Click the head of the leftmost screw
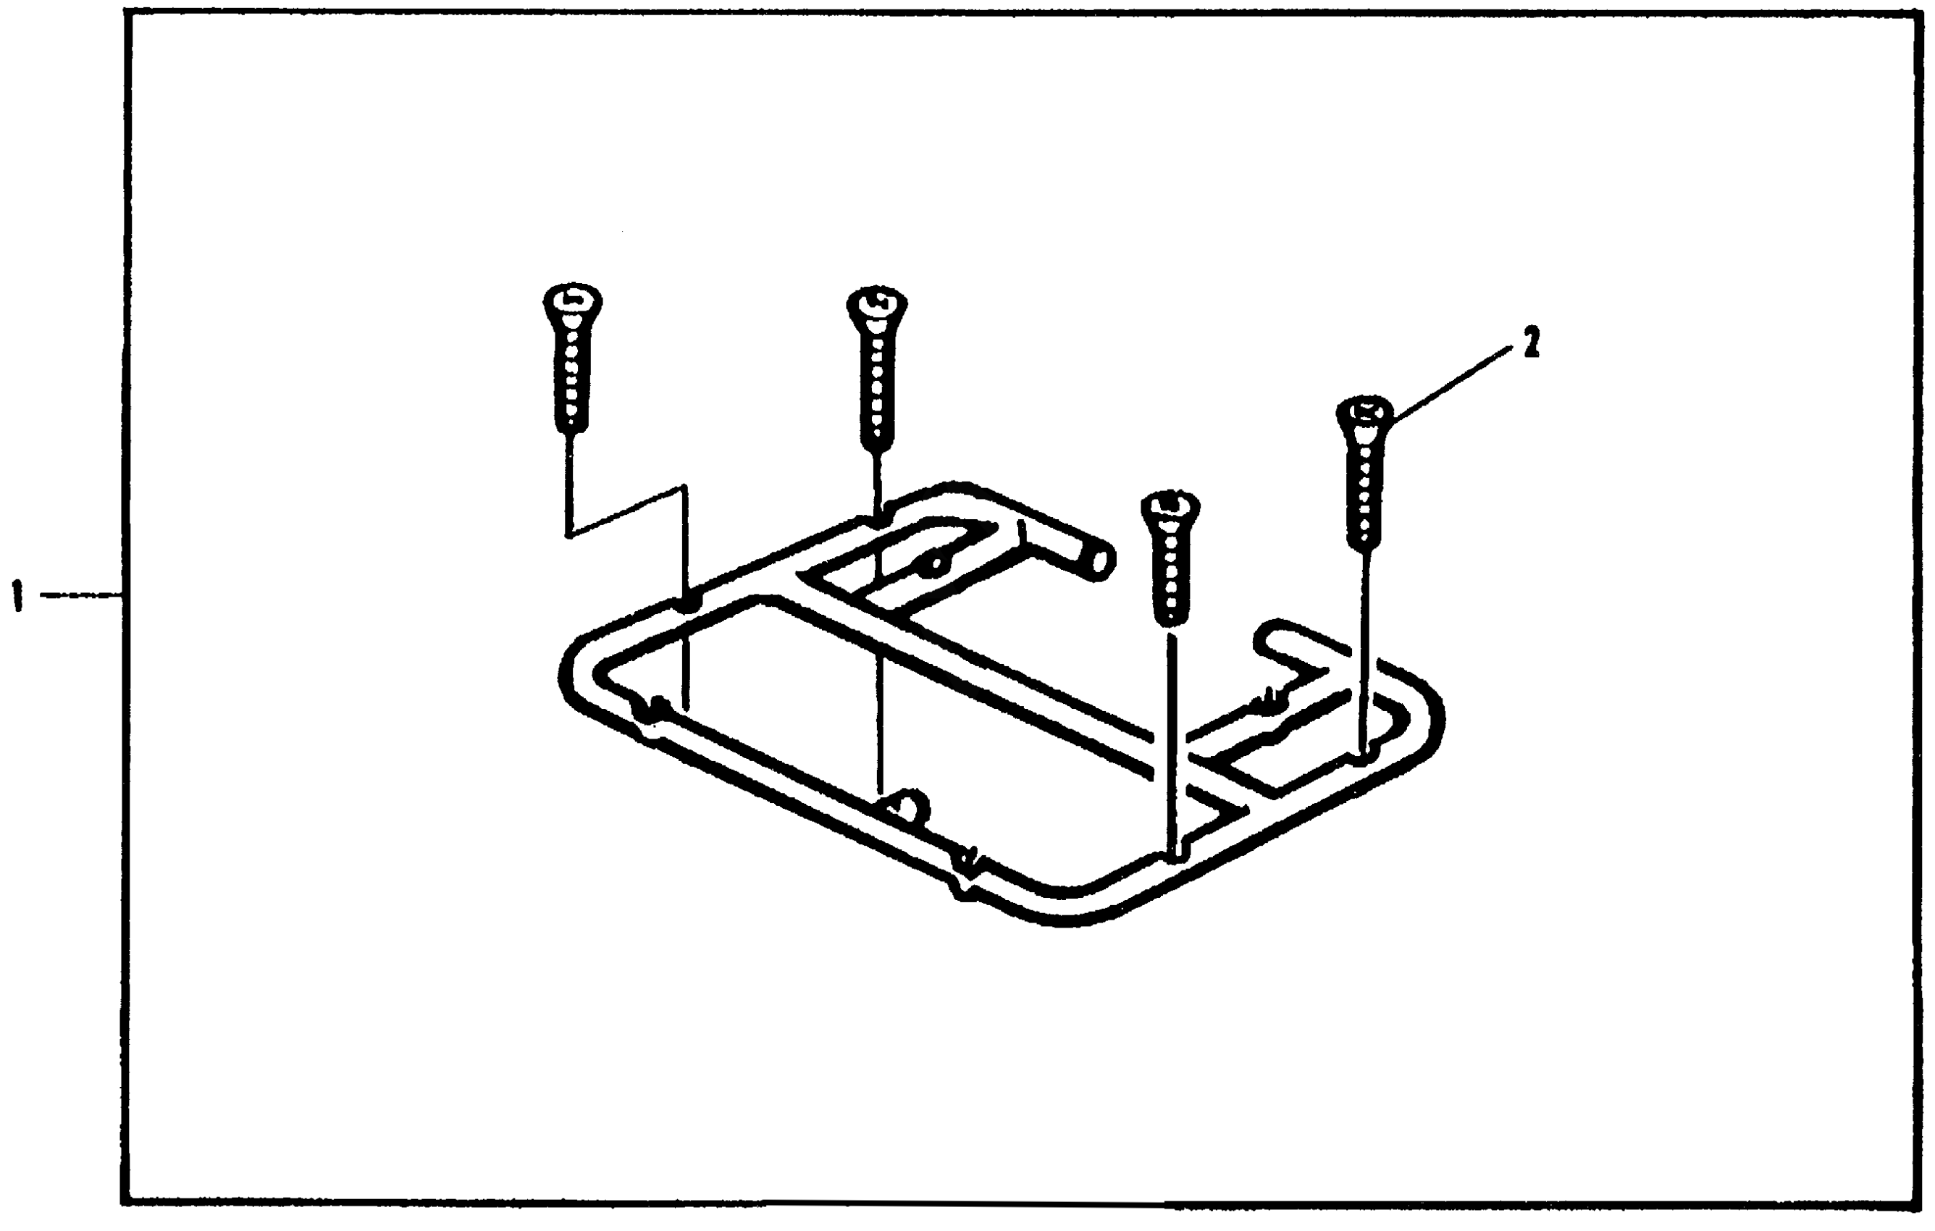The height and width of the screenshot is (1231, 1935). [x=572, y=301]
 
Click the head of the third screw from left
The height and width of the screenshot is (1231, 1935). [x=1170, y=508]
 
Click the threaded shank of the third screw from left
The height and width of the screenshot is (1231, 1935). [x=1170, y=574]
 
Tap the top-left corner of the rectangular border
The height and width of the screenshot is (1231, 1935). [x=125, y=14]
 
